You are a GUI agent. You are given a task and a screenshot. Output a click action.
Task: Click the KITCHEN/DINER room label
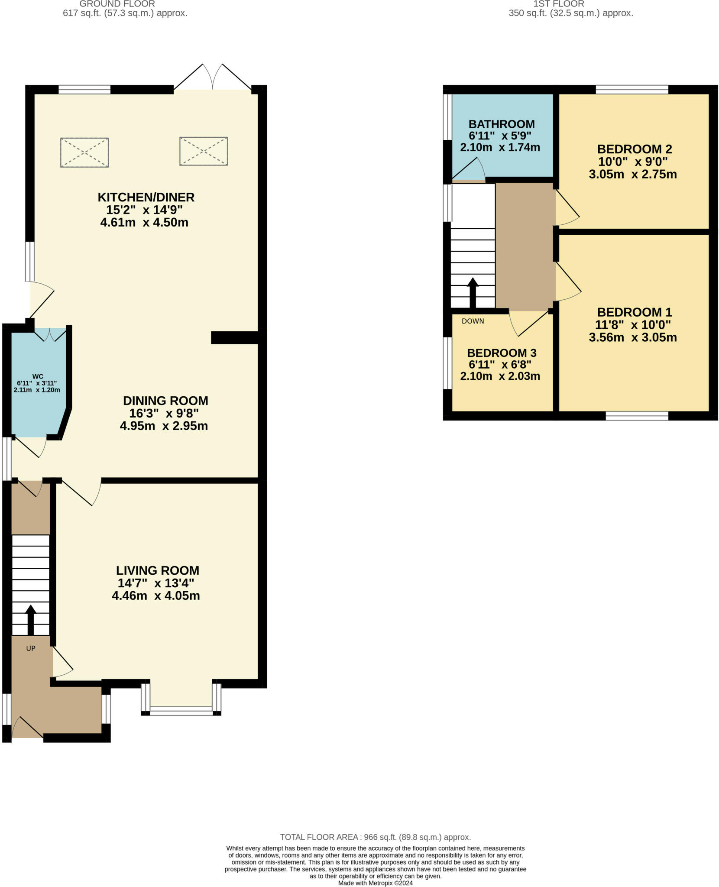point(146,197)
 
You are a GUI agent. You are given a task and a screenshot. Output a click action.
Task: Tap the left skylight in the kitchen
point(84,152)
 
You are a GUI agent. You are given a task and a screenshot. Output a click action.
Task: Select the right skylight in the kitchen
point(204,151)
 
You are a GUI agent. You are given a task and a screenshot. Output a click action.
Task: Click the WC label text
point(38,376)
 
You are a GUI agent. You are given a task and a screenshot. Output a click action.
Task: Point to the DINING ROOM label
point(165,401)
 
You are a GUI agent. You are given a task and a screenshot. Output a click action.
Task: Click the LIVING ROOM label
point(158,570)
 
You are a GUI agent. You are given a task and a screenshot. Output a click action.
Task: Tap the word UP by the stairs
point(31,648)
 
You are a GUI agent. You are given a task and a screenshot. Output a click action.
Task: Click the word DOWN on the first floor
point(473,321)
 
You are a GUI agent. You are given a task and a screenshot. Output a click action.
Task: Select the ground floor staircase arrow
point(30,620)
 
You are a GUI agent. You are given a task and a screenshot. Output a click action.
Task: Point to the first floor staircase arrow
point(473,293)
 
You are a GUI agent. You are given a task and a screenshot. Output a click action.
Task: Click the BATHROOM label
point(502,124)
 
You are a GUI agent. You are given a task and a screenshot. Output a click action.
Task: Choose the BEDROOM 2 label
point(634,149)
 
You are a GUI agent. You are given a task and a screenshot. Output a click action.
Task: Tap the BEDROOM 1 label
point(634,312)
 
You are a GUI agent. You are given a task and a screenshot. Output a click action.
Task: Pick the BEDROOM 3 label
point(502,353)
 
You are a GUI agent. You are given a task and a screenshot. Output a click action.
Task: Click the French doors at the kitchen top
point(212,78)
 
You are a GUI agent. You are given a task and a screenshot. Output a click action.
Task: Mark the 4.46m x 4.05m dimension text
point(156,596)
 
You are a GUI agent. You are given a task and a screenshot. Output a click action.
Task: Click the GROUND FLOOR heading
point(117,4)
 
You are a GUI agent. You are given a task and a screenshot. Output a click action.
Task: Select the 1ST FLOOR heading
point(559,4)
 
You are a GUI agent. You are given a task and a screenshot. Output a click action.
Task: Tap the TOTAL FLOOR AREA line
point(375,837)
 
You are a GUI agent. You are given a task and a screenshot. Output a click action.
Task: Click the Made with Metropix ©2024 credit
point(375,883)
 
